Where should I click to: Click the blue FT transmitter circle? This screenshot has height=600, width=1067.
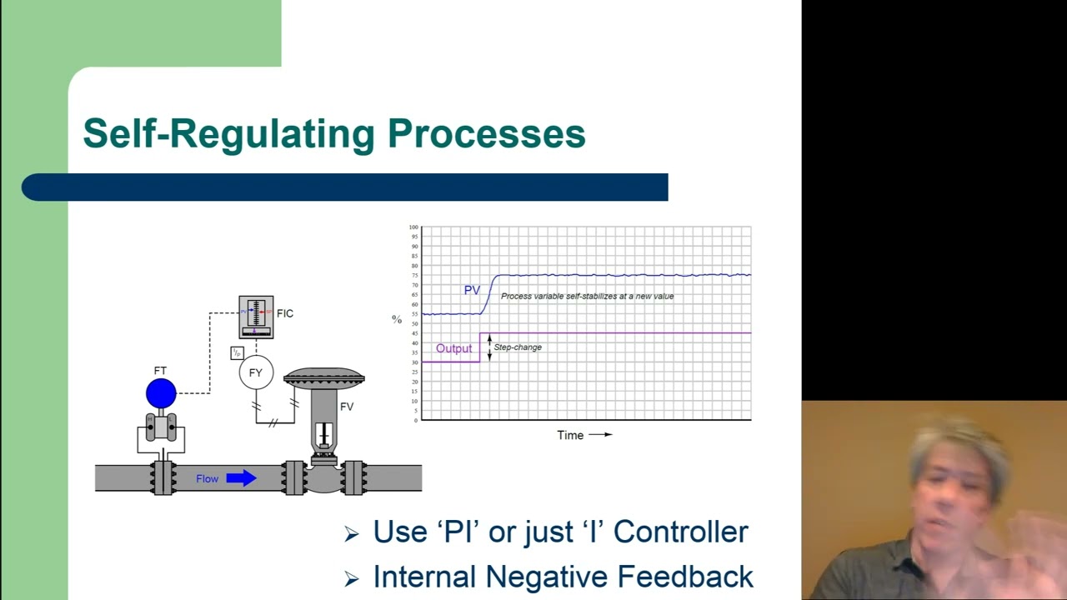click(161, 393)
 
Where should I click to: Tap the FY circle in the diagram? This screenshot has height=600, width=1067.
click(256, 372)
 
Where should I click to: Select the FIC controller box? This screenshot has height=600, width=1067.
click(256, 317)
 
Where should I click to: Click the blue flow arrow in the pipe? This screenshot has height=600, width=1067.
click(241, 478)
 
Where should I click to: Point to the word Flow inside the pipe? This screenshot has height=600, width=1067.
click(207, 479)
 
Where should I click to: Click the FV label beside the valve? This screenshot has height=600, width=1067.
click(346, 407)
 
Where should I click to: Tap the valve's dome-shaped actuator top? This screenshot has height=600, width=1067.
click(324, 377)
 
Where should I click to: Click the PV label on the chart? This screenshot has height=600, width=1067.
click(472, 291)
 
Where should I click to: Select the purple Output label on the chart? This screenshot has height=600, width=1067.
click(453, 348)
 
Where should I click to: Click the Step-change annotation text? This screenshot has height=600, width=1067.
click(518, 347)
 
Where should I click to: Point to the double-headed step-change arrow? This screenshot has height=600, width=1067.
click(489, 347)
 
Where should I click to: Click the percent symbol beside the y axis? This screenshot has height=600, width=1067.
click(397, 320)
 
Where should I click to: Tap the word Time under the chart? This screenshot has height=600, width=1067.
click(570, 435)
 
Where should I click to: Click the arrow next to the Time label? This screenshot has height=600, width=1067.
click(600, 434)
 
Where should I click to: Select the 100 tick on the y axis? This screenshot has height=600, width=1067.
click(413, 227)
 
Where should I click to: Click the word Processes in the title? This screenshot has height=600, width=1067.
click(486, 134)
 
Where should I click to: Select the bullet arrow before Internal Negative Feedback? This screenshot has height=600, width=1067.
click(352, 577)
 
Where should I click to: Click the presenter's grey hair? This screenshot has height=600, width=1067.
click(959, 442)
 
